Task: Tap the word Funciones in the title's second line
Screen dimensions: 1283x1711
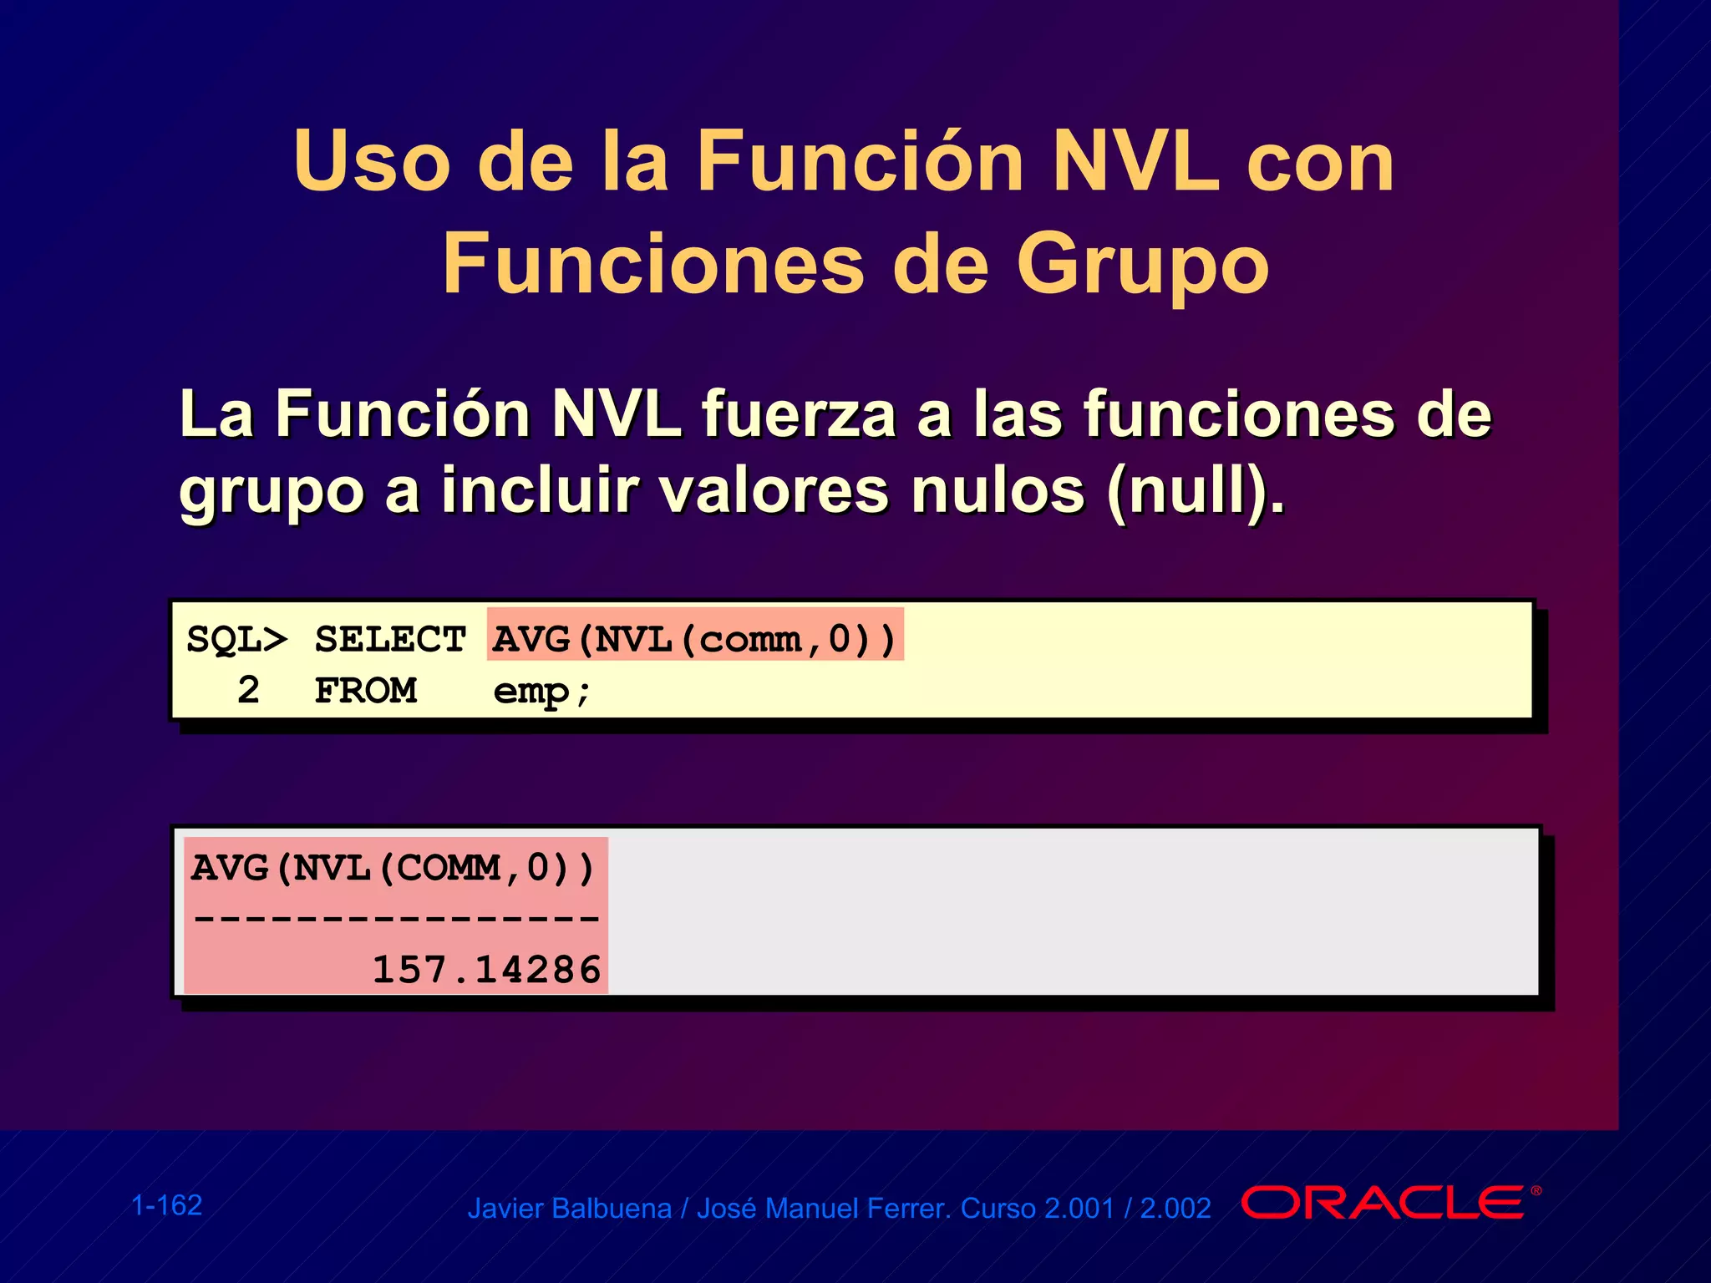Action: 652,264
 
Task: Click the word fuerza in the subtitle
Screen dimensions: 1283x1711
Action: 798,414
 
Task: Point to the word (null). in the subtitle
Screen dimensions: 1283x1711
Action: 1196,491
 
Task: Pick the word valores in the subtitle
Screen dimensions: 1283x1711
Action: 774,491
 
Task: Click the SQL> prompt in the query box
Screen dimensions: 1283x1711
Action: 237,640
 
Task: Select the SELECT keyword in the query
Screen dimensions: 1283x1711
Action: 390,640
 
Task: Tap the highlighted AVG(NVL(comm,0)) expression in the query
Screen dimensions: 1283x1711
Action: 694,640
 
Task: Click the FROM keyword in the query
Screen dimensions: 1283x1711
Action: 365,691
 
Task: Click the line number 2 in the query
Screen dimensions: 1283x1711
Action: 248,691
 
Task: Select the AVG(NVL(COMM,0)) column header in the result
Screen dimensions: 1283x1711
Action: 393,869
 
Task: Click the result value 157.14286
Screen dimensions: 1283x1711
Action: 486,970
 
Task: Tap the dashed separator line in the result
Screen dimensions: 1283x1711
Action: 396,920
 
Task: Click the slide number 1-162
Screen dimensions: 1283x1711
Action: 167,1205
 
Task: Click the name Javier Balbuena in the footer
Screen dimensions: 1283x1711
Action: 569,1209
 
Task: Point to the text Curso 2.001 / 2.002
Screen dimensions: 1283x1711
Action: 1085,1209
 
